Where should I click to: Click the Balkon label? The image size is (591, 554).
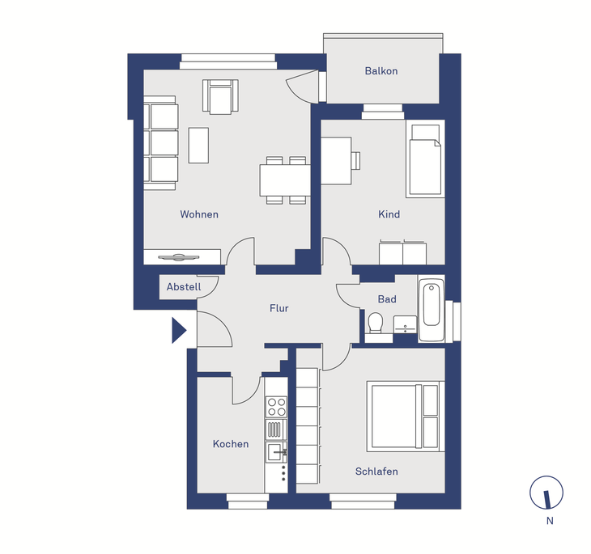(381, 71)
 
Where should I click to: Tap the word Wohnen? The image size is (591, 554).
(199, 214)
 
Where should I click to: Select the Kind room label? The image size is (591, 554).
(389, 214)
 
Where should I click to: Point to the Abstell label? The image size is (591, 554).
(184, 286)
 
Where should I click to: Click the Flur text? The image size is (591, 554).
(279, 308)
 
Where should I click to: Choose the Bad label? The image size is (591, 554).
(387, 299)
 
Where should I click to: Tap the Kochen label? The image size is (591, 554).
(231, 444)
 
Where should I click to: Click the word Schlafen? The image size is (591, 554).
(376, 472)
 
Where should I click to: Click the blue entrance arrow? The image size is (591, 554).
(179, 330)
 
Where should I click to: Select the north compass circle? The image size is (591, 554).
(546, 493)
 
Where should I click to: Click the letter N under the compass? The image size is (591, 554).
(550, 521)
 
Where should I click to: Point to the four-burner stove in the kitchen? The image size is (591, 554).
(276, 407)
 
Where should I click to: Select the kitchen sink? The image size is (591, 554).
(276, 452)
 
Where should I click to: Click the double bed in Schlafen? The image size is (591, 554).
(406, 417)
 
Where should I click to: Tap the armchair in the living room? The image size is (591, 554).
(220, 96)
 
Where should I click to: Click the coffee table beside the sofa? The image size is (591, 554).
(198, 146)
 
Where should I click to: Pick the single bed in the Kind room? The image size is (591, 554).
(426, 159)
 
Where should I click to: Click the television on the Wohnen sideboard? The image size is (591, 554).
(178, 258)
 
